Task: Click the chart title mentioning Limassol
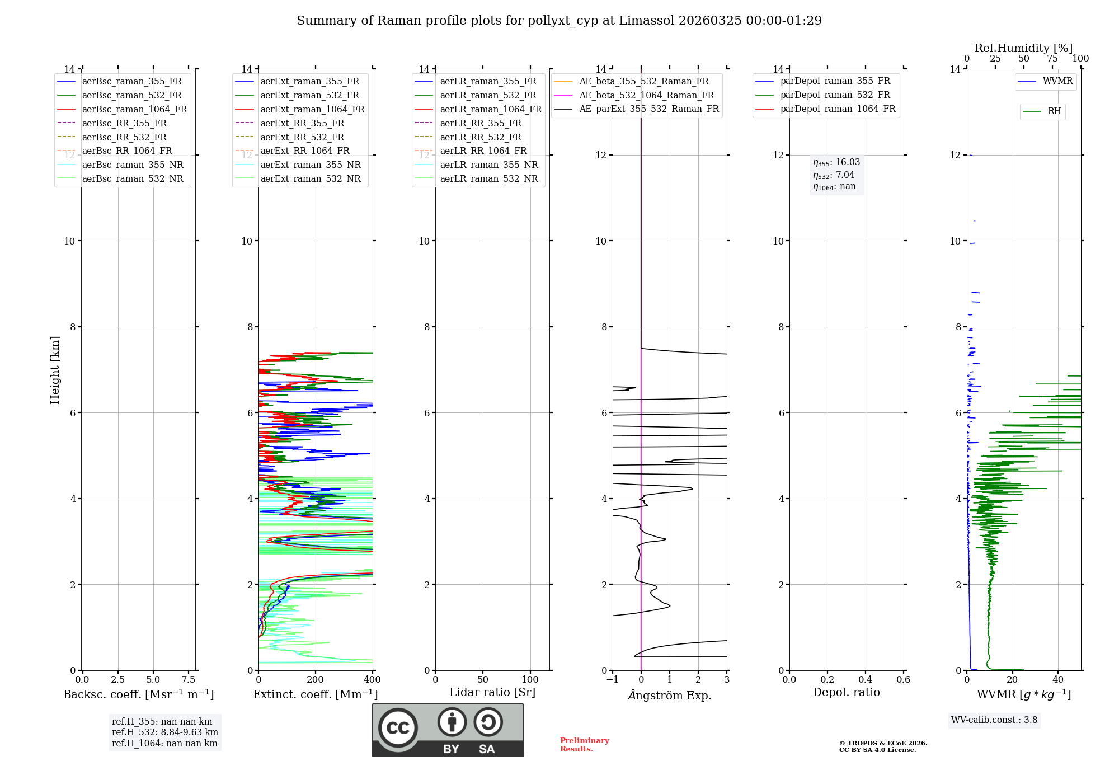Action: (x=559, y=21)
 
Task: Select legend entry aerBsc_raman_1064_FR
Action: (x=134, y=109)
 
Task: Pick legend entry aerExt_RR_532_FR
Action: (x=302, y=137)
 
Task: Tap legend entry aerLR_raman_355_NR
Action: (x=488, y=165)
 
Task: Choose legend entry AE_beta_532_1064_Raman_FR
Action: (x=646, y=95)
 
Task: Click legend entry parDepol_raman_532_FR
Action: (x=835, y=95)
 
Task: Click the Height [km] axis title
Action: (x=55, y=370)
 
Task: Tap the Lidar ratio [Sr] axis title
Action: (x=492, y=692)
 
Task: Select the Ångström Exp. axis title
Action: (x=670, y=695)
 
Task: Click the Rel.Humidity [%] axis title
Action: (x=1023, y=48)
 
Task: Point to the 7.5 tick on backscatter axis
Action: (x=189, y=680)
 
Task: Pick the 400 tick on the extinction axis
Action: (x=372, y=680)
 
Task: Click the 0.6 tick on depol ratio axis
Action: (x=903, y=680)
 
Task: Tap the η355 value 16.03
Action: (x=848, y=162)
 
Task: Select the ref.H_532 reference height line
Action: (x=164, y=732)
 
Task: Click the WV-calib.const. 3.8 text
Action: (x=994, y=720)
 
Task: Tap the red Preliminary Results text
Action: (x=584, y=745)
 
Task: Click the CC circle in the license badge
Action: (x=398, y=728)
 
